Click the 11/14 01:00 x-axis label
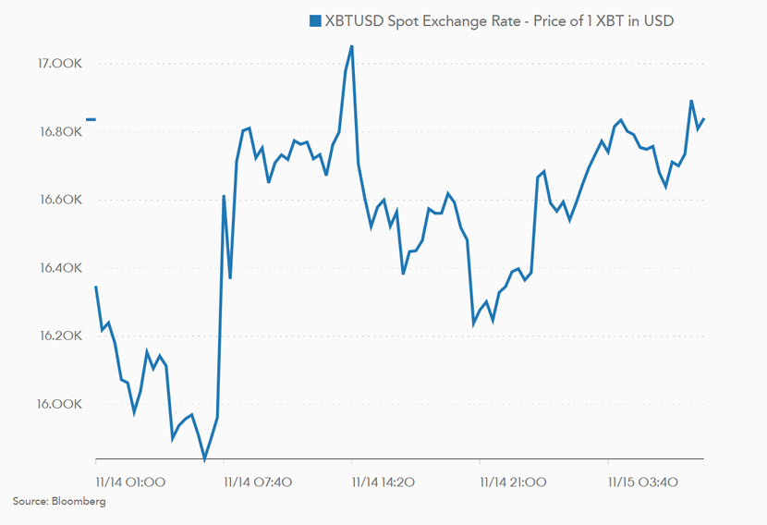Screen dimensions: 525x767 click(x=130, y=482)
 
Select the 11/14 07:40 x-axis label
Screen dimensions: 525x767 click(x=259, y=482)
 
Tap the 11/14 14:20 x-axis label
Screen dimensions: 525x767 click(x=387, y=482)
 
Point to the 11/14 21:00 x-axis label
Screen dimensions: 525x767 click(x=514, y=482)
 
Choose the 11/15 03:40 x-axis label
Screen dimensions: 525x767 click(x=642, y=482)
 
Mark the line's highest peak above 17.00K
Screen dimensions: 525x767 click(x=351, y=45)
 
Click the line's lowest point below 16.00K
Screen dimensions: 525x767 click(x=205, y=458)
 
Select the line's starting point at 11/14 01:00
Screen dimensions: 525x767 click(x=96, y=287)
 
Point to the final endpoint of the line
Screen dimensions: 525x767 click(x=704, y=118)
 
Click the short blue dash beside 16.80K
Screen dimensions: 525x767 click(x=91, y=119)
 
